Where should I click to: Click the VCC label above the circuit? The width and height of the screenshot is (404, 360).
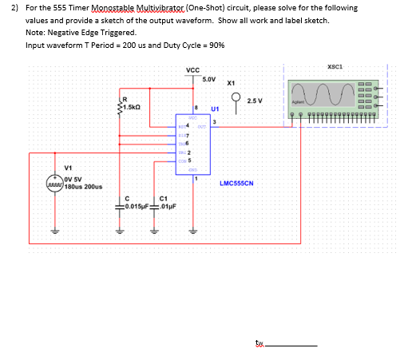[x=192, y=69]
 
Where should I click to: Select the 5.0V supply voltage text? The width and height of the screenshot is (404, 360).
[x=210, y=80]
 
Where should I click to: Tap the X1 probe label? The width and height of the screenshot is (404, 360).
[x=232, y=83]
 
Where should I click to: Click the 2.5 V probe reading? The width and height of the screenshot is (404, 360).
[x=255, y=101]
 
